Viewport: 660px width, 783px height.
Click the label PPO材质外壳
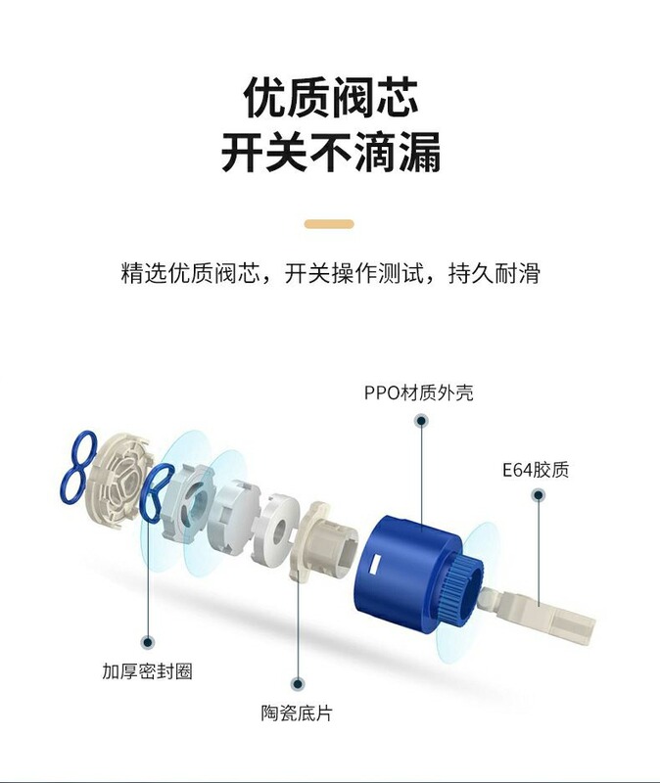[417, 393]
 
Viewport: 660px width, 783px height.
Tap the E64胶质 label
[535, 470]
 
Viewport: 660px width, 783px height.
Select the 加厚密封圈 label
[148, 672]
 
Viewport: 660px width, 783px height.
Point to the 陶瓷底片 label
[298, 714]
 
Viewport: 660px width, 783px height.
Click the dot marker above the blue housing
[421, 422]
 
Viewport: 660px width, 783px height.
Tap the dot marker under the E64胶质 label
[538, 497]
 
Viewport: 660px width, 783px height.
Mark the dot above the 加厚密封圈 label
[148, 642]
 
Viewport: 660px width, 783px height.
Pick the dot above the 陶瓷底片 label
[298, 683]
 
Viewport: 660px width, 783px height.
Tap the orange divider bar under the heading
[329, 224]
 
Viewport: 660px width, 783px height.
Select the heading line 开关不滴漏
[330, 155]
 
